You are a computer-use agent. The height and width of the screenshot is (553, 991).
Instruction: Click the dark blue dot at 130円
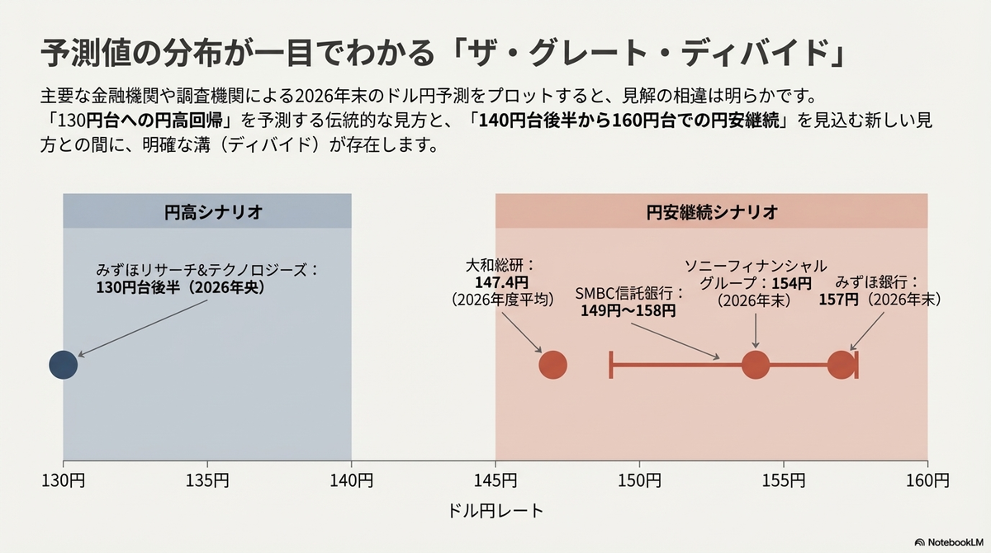click(63, 365)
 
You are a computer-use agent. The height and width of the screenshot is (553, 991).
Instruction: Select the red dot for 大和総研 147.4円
click(552, 365)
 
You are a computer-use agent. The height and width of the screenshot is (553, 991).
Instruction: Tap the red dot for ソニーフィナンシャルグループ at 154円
click(756, 365)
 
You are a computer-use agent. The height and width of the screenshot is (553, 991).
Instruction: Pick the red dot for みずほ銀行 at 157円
click(841, 365)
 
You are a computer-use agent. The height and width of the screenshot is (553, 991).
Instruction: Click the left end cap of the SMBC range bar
click(611, 365)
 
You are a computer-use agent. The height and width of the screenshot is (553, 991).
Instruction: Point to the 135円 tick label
click(207, 480)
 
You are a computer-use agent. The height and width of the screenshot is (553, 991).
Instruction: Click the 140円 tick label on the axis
click(351, 480)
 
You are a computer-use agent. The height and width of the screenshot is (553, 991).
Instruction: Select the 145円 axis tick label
click(495, 480)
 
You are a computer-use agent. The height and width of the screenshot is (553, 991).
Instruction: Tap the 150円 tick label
click(639, 480)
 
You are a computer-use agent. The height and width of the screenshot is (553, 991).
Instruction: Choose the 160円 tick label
click(927, 480)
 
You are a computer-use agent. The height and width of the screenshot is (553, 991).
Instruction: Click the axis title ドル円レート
click(495, 511)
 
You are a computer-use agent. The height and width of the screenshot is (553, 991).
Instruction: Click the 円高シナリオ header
click(207, 211)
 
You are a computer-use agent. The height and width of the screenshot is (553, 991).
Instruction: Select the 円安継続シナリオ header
click(711, 211)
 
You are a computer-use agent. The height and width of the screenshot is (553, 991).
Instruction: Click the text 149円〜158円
click(628, 311)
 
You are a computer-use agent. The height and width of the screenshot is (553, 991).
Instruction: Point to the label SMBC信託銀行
click(629, 293)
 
